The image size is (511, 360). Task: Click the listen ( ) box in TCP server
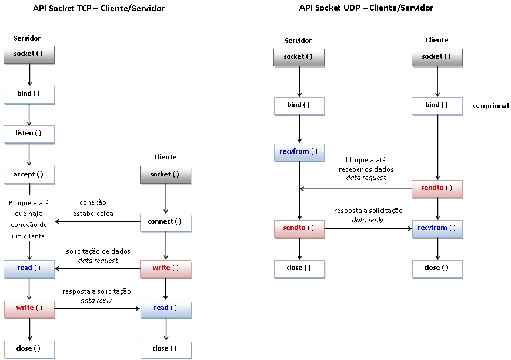[29, 134]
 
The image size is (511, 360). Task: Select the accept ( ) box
[29, 175]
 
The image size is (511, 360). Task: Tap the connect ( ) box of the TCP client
[165, 222]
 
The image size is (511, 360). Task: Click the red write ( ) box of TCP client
[165, 268]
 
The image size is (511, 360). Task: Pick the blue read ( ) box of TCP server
[29, 268]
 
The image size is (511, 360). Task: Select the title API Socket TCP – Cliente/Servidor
[99, 9]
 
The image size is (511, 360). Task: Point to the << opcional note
[490, 106]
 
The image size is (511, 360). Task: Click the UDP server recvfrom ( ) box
[299, 152]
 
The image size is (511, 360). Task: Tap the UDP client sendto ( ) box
[437, 188]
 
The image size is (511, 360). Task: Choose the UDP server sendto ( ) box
[299, 228]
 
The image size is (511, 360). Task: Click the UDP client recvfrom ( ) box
[437, 228]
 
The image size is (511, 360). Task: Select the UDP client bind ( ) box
[437, 105]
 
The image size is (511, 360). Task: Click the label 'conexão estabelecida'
[93, 208]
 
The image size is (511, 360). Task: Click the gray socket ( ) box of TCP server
[29, 55]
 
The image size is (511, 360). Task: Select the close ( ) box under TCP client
[165, 348]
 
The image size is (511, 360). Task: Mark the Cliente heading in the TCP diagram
[165, 157]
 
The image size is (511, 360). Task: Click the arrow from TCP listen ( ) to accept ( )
[29, 154]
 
